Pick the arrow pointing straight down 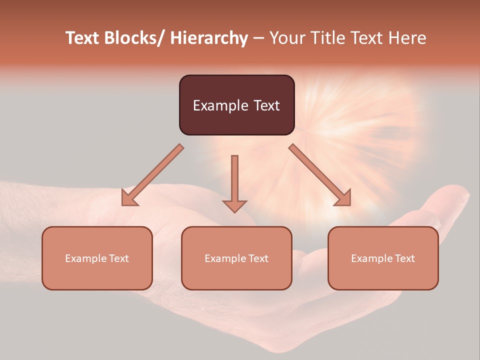[234, 182]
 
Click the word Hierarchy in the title [209, 38]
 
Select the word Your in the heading [288, 38]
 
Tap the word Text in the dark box [266, 105]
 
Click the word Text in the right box [403, 258]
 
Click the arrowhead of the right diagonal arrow [343, 198]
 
